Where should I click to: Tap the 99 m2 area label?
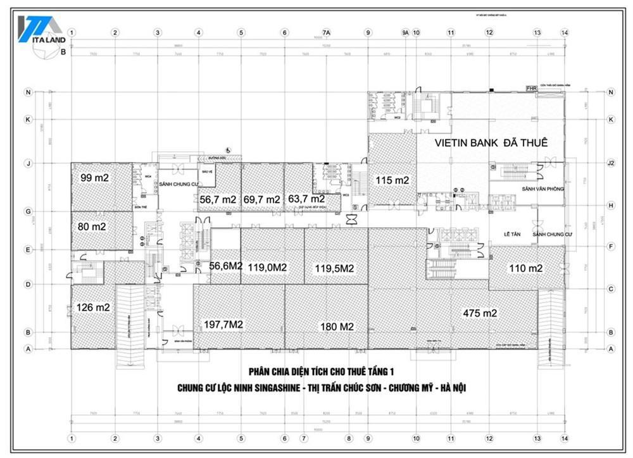click(x=95, y=178)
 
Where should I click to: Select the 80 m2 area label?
click(x=92, y=226)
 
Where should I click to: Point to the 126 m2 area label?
click(x=93, y=307)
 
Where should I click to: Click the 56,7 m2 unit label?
click(x=218, y=199)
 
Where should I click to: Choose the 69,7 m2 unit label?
click(x=261, y=199)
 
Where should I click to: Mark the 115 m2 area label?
click(x=392, y=180)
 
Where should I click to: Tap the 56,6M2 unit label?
click(x=226, y=266)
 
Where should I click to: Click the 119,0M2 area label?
click(x=268, y=267)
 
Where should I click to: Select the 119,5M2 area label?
click(x=334, y=268)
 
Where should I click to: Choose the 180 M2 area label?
click(x=335, y=326)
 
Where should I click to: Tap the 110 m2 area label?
click(x=526, y=268)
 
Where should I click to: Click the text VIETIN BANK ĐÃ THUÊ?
click(x=491, y=142)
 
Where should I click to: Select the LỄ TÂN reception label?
click(x=511, y=234)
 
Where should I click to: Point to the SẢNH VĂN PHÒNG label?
click(x=542, y=189)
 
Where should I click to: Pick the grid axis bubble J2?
click(x=611, y=163)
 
